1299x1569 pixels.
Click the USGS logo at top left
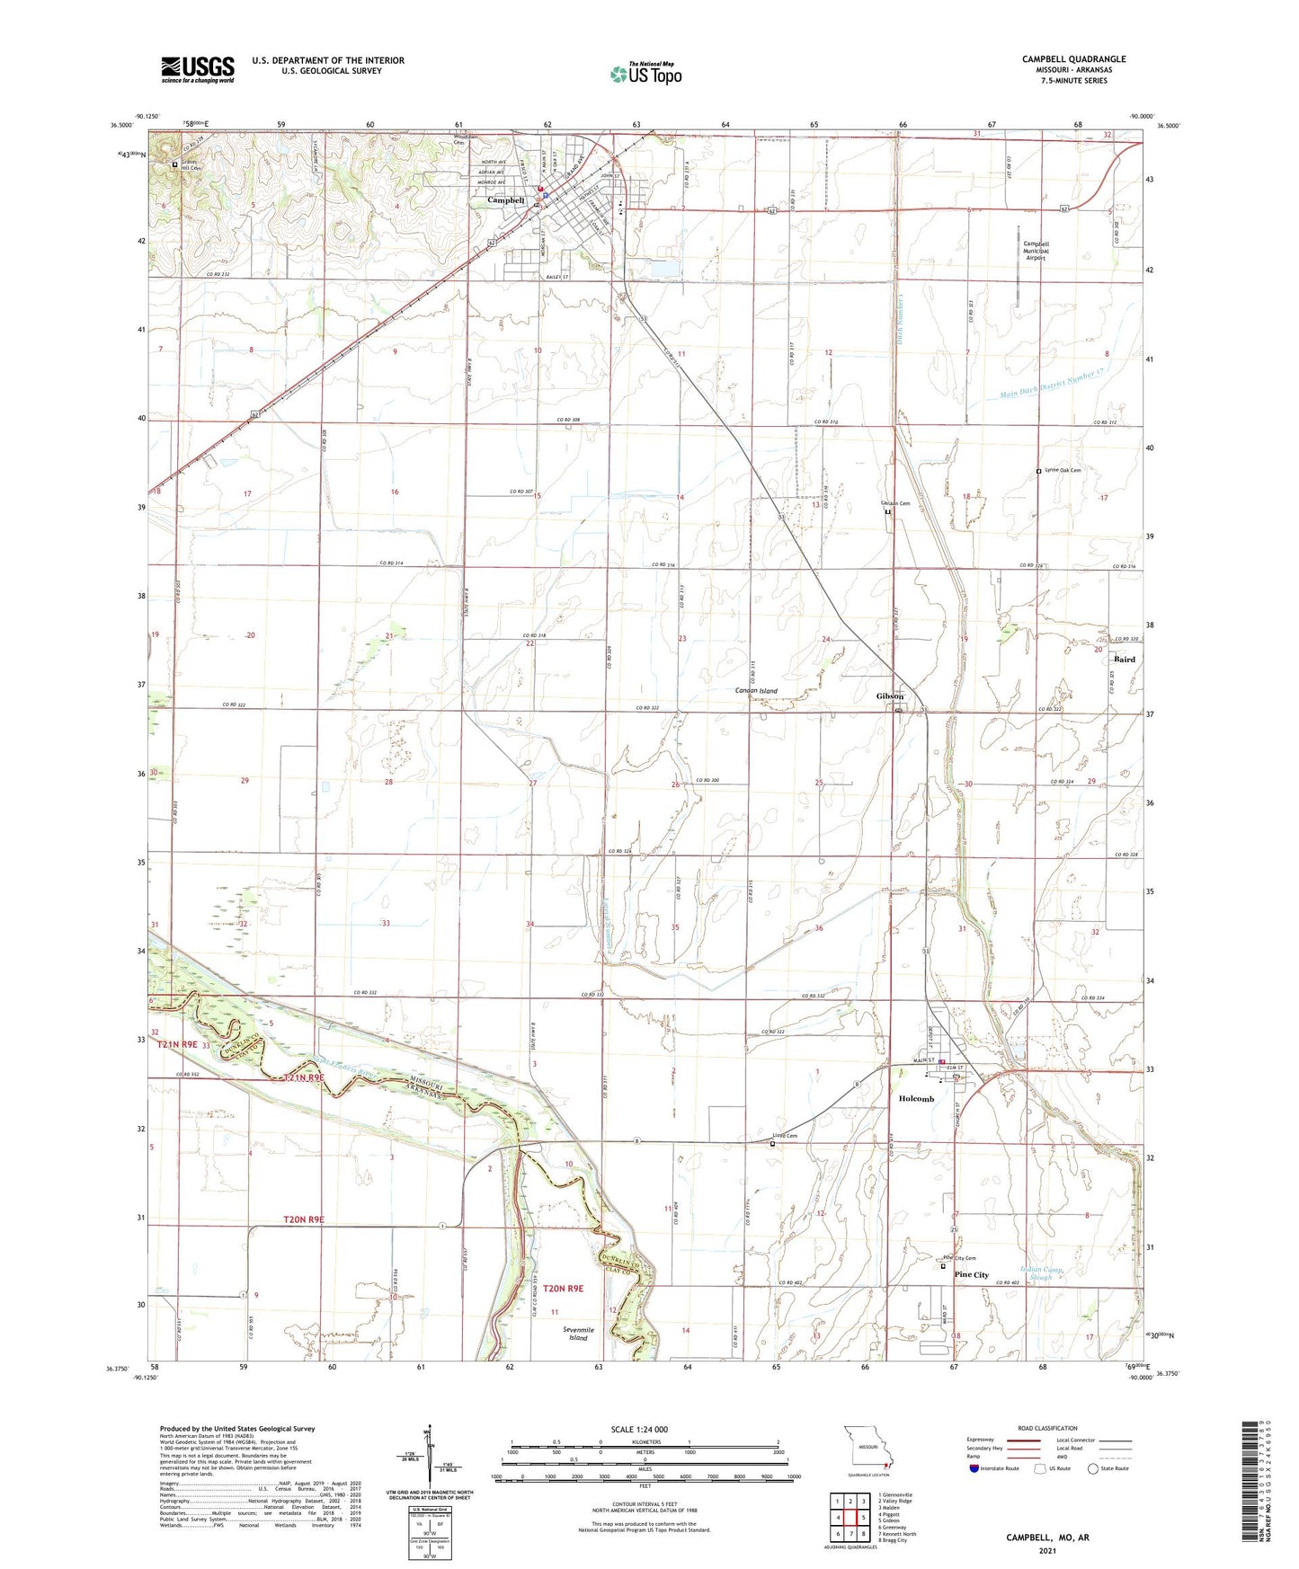[198, 68]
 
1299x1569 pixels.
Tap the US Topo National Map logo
[645, 74]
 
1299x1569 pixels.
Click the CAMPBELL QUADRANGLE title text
[1073, 59]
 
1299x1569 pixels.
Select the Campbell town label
[505, 200]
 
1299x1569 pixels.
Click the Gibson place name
[890, 696]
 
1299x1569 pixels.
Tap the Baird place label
[1124, 660]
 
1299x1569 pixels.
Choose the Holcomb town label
[916, 1099]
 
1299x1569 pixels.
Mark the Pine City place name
[971, 1275]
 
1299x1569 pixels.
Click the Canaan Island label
[755, 691]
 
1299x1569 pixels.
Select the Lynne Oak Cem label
[1062, 470]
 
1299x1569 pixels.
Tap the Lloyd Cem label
[785, 1136]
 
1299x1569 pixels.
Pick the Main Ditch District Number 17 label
[1051, 384]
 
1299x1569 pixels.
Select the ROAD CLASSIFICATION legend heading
[1047, 1428]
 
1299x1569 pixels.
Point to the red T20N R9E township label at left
[303, 1219]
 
